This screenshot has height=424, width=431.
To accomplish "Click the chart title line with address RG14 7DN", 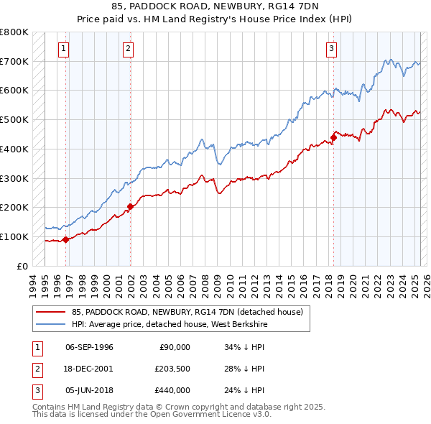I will [x=215, y=6].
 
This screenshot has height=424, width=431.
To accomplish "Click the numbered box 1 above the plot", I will [x=65, y=49].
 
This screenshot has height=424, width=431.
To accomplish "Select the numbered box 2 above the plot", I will [x=128, y=49].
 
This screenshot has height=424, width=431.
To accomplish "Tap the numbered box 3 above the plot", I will [x=331, y=49].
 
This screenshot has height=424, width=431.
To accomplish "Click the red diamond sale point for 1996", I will [x=65, y=239].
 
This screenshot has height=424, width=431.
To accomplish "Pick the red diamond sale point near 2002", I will [x=130, y=206].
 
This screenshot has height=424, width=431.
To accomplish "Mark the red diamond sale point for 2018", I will [x=333, y=137].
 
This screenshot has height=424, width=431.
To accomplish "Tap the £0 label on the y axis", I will [x=23, y=266].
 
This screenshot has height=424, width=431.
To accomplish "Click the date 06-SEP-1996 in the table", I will [x=89, y=347].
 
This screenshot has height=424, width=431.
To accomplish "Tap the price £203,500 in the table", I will [x=171, y=369].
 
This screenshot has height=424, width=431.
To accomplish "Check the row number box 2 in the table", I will [x=35, y=369].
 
